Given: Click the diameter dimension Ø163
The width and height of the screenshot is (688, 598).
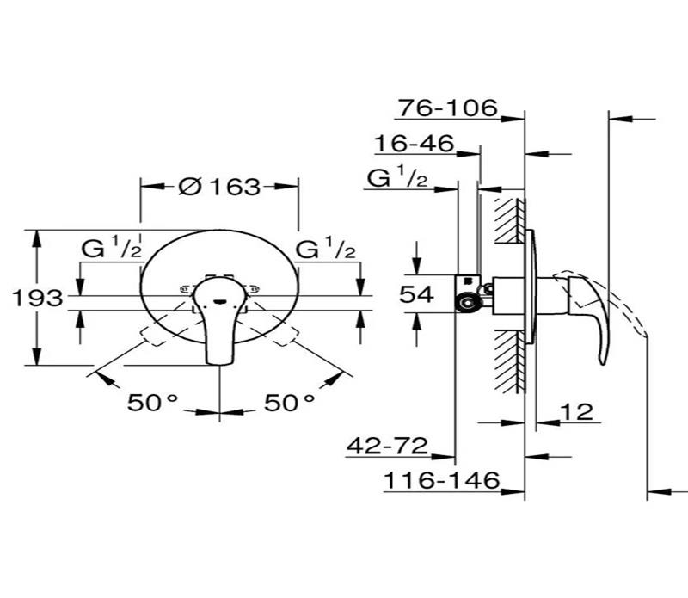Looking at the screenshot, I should pyautogui.click(x=219, y=186).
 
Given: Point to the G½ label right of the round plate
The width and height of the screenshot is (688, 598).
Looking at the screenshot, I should pyautogui.click(x=326, y=250).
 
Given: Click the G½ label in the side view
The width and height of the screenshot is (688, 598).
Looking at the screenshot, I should pyautogui.click(x=397, y=178).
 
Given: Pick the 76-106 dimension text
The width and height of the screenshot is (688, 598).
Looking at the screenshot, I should pyautogui.click(x=448, y=108).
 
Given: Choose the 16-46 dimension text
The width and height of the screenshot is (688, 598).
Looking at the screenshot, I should pyautogui.click(x=414, y=144).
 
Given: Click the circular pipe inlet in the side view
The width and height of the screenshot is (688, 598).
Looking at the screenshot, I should pyautogui.click(x=469, y=302).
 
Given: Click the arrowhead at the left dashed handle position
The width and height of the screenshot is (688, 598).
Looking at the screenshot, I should pyautogui.click(x=99, y=374).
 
